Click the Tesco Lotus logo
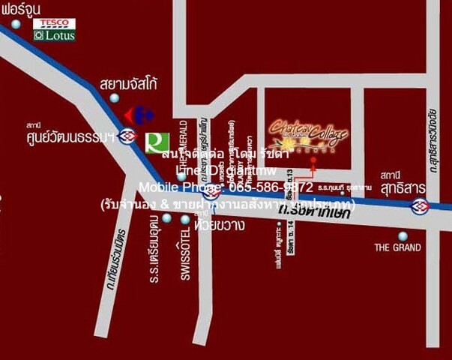(x=54, y=29)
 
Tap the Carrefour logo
(x=139, y=115)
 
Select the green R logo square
(x=157, y=141)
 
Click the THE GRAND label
(x=397, y=247)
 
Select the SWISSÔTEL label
(x=184, y=255)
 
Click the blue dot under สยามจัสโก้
(x=114, y=97)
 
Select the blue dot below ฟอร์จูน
(x=15, y=24)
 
